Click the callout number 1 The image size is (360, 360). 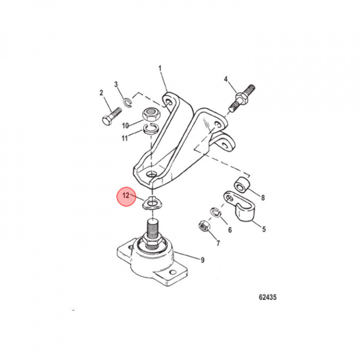click(160, 68)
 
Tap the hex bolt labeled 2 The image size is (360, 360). click(111, 116)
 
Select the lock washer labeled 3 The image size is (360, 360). click(127, 102)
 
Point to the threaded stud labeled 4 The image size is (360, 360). click(242, 98)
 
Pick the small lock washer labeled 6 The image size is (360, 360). click(215, 212)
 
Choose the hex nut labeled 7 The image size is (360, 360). click(204, 225)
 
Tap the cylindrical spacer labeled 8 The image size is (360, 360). click(241, 185)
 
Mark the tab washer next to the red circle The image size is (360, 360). click(152, 203)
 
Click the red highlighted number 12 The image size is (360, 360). click(126, 195)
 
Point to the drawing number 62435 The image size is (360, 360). click(267, 297)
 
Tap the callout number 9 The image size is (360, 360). click(202, 260)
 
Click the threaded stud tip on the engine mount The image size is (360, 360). click(152, 222)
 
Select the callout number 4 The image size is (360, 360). click(226, 79)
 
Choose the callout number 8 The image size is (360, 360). click(263, 197)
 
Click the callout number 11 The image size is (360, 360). click(124, 138)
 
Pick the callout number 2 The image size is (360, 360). click(101, 93)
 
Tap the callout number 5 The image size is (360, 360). click(264, 229)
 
